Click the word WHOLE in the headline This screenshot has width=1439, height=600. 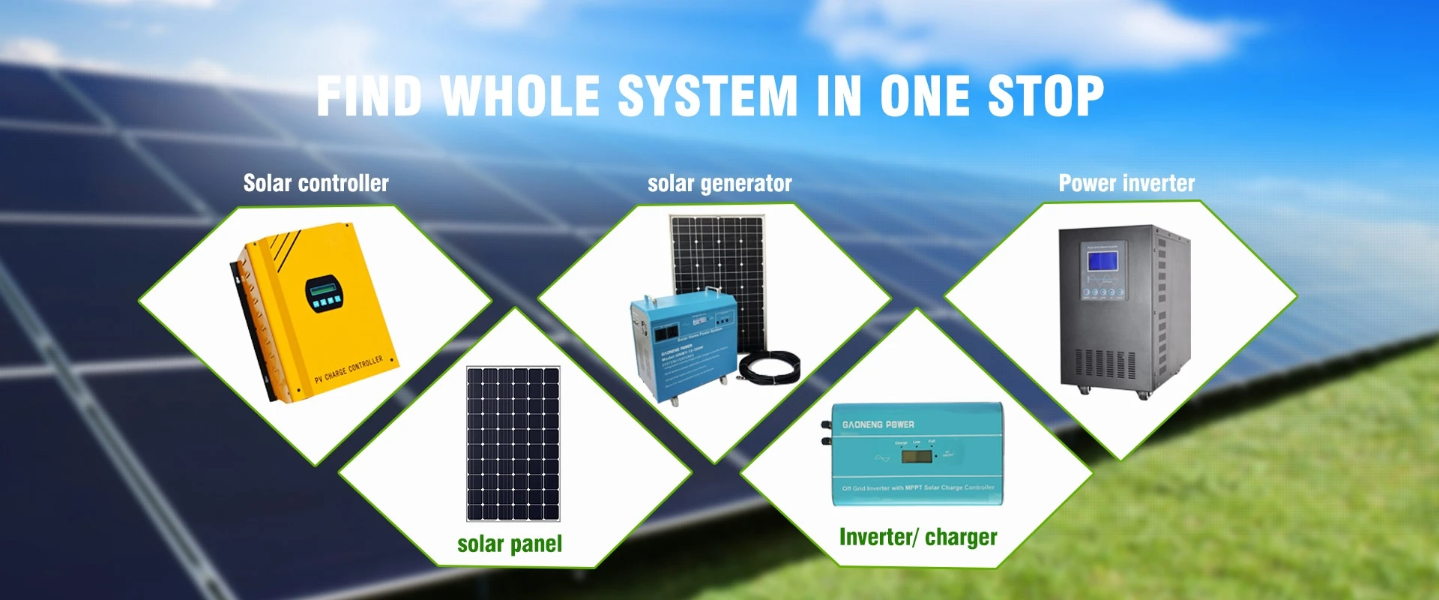(x=520, y=97)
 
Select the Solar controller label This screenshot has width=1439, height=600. (x=316, y=183)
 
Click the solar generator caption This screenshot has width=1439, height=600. (x=719, y=184)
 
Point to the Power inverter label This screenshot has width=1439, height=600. (x=1126, y=183)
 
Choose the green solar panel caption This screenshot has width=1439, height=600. (x=510, y=544)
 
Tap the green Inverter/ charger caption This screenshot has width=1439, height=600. (x=918, y=537)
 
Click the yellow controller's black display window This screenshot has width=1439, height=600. (x=323, y=293)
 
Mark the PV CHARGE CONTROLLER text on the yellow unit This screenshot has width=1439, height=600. (x=349, y=369)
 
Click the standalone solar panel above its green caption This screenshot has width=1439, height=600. (x=513, y=443)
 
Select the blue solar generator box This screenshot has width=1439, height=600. (x=681, y=345)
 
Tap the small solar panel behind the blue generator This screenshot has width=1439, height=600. (x=719, y=262)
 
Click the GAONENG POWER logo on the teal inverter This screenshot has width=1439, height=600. (x=878, y=424)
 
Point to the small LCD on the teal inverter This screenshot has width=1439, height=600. (x=916, y=456)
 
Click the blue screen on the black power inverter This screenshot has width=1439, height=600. (x=1102, y=261)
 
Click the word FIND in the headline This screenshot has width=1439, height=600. (x=369, y=97)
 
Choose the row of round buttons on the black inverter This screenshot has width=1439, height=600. (x=1102, y=292)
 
